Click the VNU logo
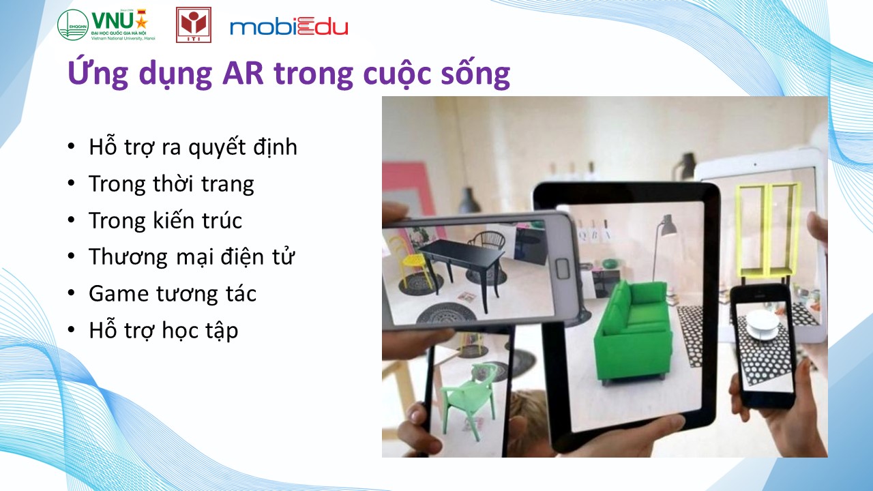(106, 25)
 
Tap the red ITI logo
(194, 25)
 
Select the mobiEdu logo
(288, 27)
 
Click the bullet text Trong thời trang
(171, 184)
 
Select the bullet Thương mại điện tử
(192, 256)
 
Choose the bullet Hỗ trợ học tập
(164, 331)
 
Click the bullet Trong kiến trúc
(166, 220)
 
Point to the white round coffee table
(763, 325)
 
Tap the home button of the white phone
(563, 268)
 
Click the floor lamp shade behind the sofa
(668, 226)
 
